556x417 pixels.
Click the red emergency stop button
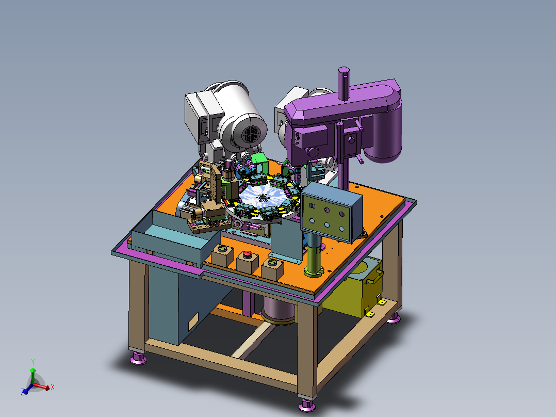pos(247,254)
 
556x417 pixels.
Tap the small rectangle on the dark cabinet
pos(193,322)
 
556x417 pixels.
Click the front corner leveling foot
pos(307,405)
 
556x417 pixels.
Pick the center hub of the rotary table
pos(262,198)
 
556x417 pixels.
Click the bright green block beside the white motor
pos(260,161)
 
